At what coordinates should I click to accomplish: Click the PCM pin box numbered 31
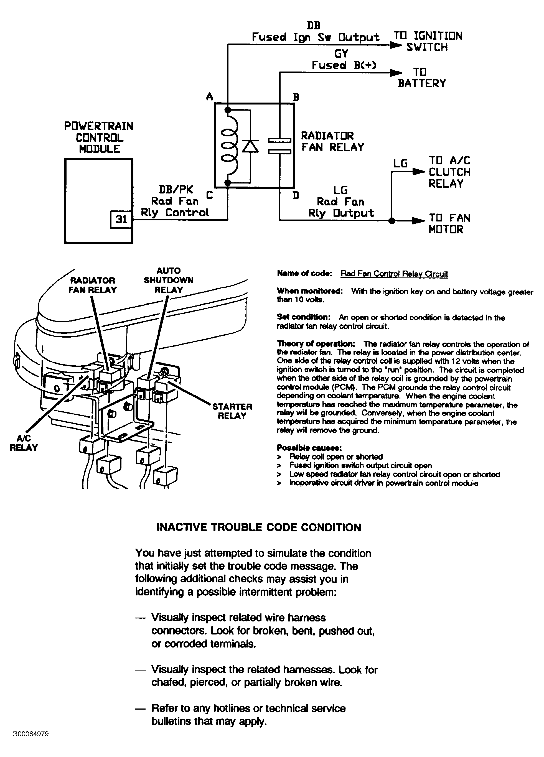point(121,219)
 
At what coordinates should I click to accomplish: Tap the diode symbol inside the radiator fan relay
point(250,146)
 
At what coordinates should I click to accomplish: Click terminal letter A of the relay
point(209,97)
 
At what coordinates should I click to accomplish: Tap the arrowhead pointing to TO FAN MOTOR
point(418,221)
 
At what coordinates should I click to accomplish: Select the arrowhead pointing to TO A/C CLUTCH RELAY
point(418,172)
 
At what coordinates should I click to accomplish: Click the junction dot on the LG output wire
point(392,221)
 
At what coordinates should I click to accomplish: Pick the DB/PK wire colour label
point(176,190)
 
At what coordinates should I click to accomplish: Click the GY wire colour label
point(341,53)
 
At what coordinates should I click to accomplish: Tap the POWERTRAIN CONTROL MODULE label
point(99,137)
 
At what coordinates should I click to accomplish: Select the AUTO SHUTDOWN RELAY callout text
point(169,280)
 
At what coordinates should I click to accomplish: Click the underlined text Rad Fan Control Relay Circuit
point(394,274)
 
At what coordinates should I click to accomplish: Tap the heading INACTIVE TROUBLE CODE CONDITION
point(259,527)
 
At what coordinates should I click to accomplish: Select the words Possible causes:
point(309,448)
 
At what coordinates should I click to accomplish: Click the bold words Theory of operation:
point(316,344)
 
